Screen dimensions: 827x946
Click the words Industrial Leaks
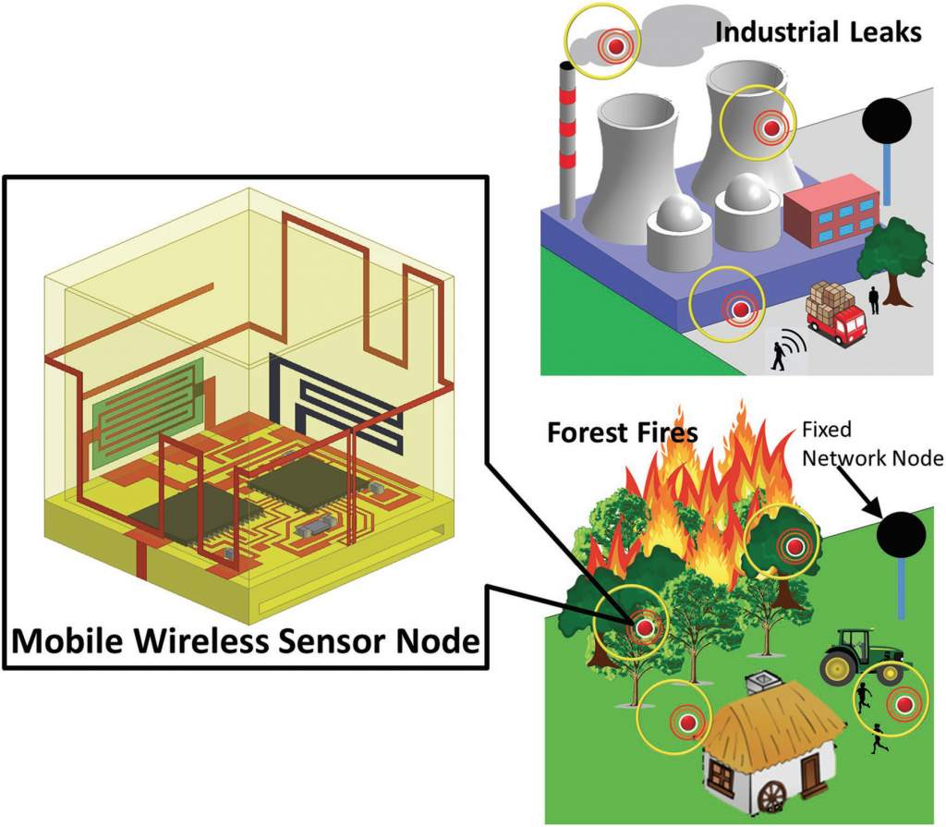[x=819, y=33]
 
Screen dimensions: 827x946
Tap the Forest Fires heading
[x=622, y=432]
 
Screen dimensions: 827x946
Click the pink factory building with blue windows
[x=830, y=212]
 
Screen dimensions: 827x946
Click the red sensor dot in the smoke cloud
[x=614, y=43]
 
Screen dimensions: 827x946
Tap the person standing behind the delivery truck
[x=873, y=299]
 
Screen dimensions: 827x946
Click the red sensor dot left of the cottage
[x=686, y=722]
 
